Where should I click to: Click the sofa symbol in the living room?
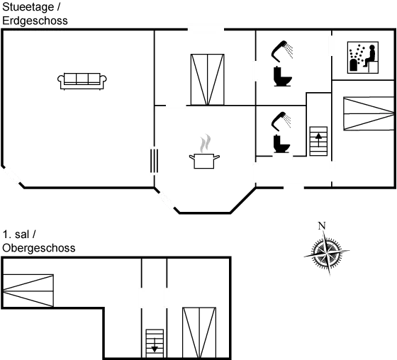click(x=82, y=81)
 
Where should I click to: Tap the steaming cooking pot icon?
click(x=205, y=152)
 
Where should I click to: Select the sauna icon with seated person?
click(x=363, y=57)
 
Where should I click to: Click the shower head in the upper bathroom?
click(x=282, y=51)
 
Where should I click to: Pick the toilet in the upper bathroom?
click(x=283, y=77)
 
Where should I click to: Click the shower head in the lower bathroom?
click(x=281, y=121)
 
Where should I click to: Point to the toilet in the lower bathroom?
click(x=281, y=144)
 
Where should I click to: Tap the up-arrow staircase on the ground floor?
click(x=318, y=141)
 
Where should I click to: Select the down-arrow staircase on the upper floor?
click(x=155, y=344)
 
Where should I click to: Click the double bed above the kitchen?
click(x=207, y=79)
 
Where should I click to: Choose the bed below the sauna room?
click(x=369, y=113)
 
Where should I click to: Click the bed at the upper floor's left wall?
click(x=28, y=291)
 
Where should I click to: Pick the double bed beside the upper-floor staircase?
click(x=199, y=332)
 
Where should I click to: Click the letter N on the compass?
click(x=322, y=225)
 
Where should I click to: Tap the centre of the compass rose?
click(x=327, y=252)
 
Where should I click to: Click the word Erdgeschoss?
click(x=35, y=21)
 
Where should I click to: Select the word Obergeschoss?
click(x=39, y=248)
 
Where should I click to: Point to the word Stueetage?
click(x=28, y=7)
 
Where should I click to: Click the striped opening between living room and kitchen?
click(x=155, y=161)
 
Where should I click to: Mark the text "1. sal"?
click(x=16, y=234)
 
